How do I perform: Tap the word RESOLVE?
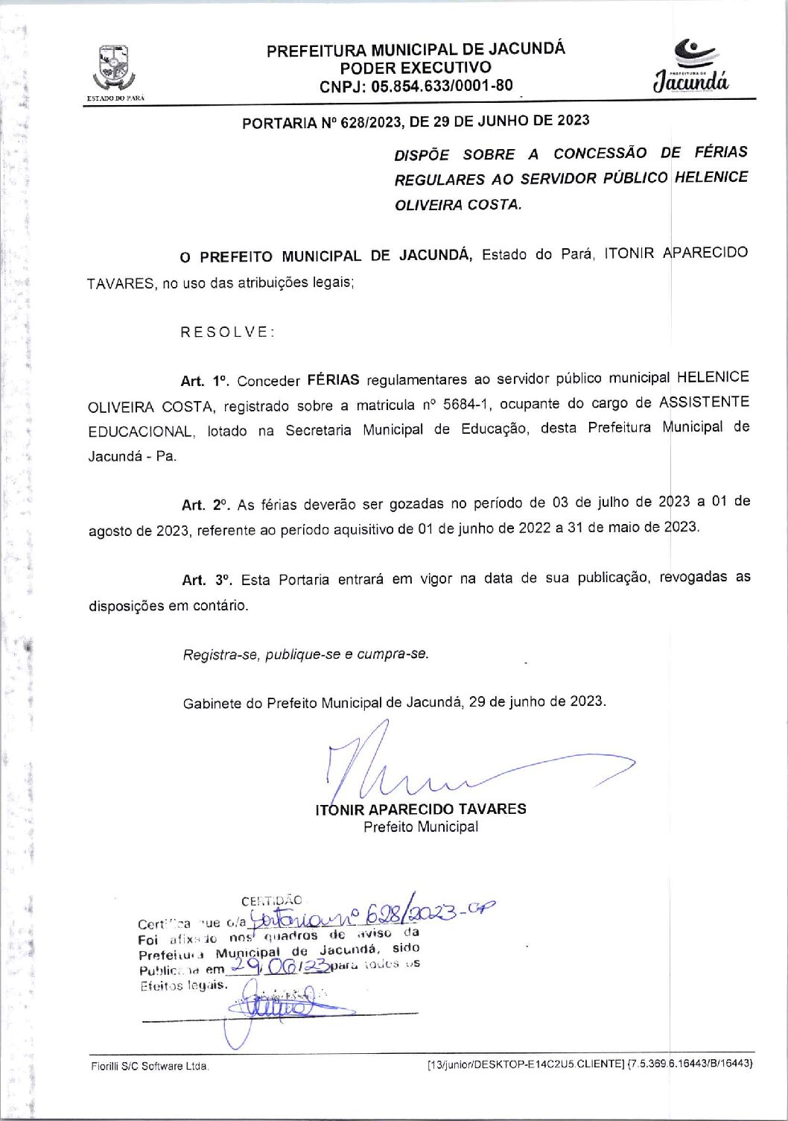227,332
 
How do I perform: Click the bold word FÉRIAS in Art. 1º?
333,380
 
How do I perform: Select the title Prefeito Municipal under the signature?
421,827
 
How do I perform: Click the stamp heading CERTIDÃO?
271,901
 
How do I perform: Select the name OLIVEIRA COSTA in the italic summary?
457,204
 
